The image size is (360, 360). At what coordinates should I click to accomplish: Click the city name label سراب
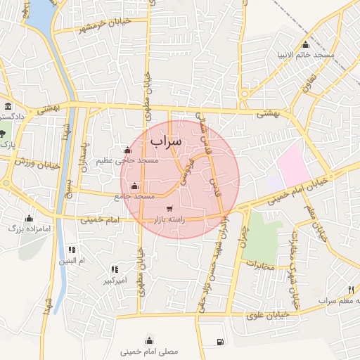click(x=166, y=141)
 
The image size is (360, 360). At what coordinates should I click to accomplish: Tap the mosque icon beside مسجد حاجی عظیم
click(x=127, y=150)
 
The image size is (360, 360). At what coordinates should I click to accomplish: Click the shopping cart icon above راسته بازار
click(x=169, y=208)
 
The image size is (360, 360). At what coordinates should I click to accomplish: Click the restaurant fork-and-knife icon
click(x=350, y=290)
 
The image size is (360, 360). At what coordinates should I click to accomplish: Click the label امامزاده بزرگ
click(x=30, y=229)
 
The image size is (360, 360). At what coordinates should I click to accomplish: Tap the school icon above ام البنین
click(x=72, y=250)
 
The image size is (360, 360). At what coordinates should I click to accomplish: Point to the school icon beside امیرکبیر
click(x=114, y=269)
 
